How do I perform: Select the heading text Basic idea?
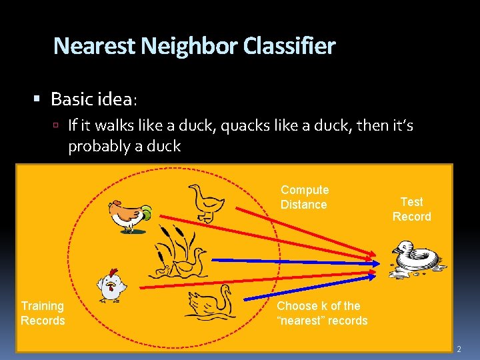click(93, 100)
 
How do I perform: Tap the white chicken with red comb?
click(111, 285)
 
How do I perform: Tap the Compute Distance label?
click(305, 197)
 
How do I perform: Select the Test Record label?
click(411, 209)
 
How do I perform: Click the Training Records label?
click(43, 313)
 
